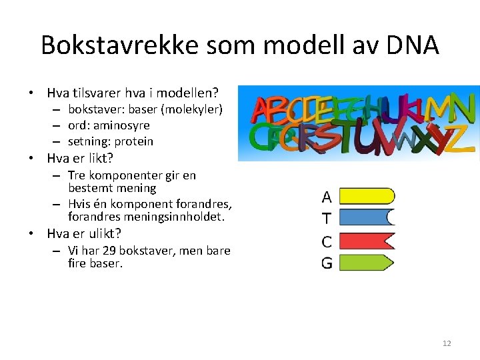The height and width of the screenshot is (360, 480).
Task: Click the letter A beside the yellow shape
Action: pos(327,197)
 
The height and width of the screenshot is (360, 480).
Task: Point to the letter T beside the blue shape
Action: pos(326,218)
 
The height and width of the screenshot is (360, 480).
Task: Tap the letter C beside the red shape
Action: pos(327,241)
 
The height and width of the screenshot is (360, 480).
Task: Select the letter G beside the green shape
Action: pos(327,263)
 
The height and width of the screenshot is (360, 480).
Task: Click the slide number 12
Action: pos(447,343)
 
